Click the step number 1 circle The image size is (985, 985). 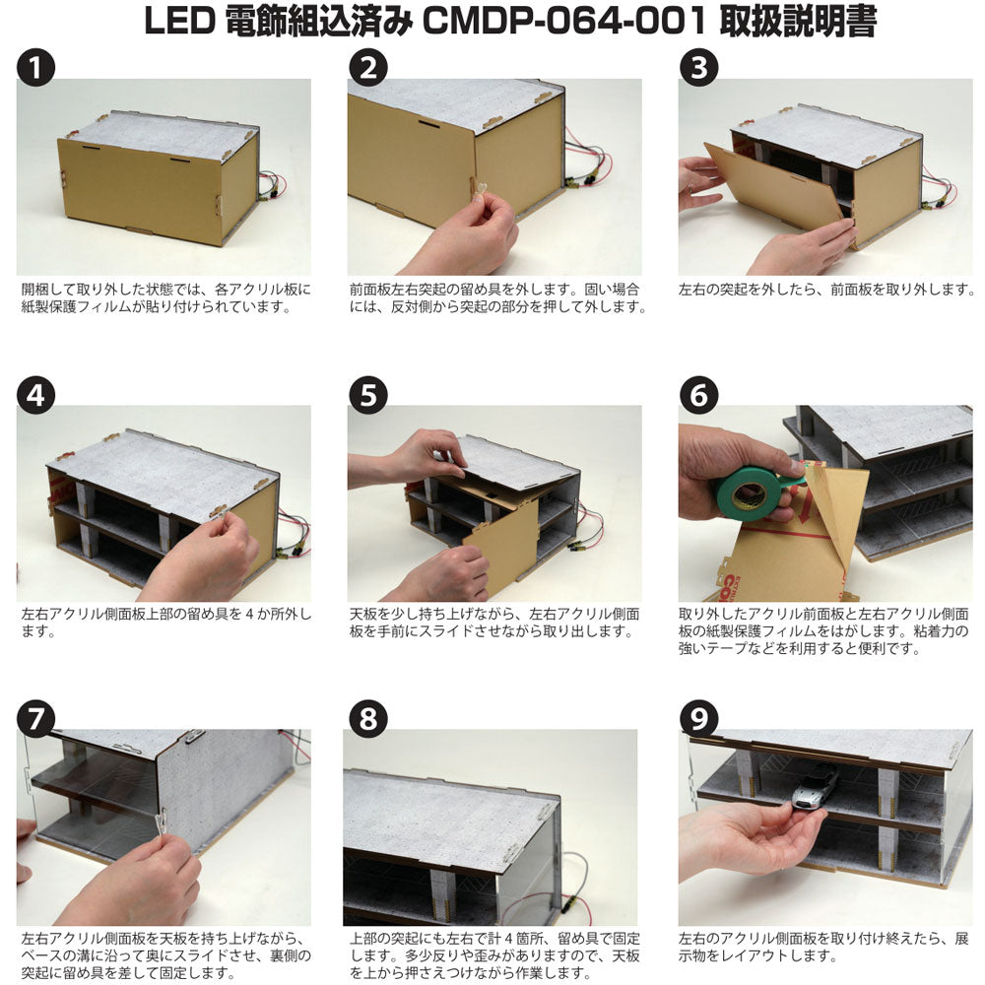click(35, 68)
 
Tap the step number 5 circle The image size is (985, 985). click(368, 395)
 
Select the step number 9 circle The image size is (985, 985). click(698, 719)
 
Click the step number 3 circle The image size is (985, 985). click(698, 68)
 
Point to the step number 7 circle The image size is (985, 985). click(35, 719)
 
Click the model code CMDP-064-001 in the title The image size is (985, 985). click(564, 22)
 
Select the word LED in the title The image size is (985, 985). click(179, 22)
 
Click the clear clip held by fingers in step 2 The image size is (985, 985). click(480, 190)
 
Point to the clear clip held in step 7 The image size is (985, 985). click(161, 821)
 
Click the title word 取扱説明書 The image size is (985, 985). click(797, 22)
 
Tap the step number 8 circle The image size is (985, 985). click(368, 719)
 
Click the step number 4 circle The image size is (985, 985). click(35, 395)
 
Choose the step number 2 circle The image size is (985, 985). click(368, 68)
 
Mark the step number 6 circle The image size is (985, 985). click(698, 395)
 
